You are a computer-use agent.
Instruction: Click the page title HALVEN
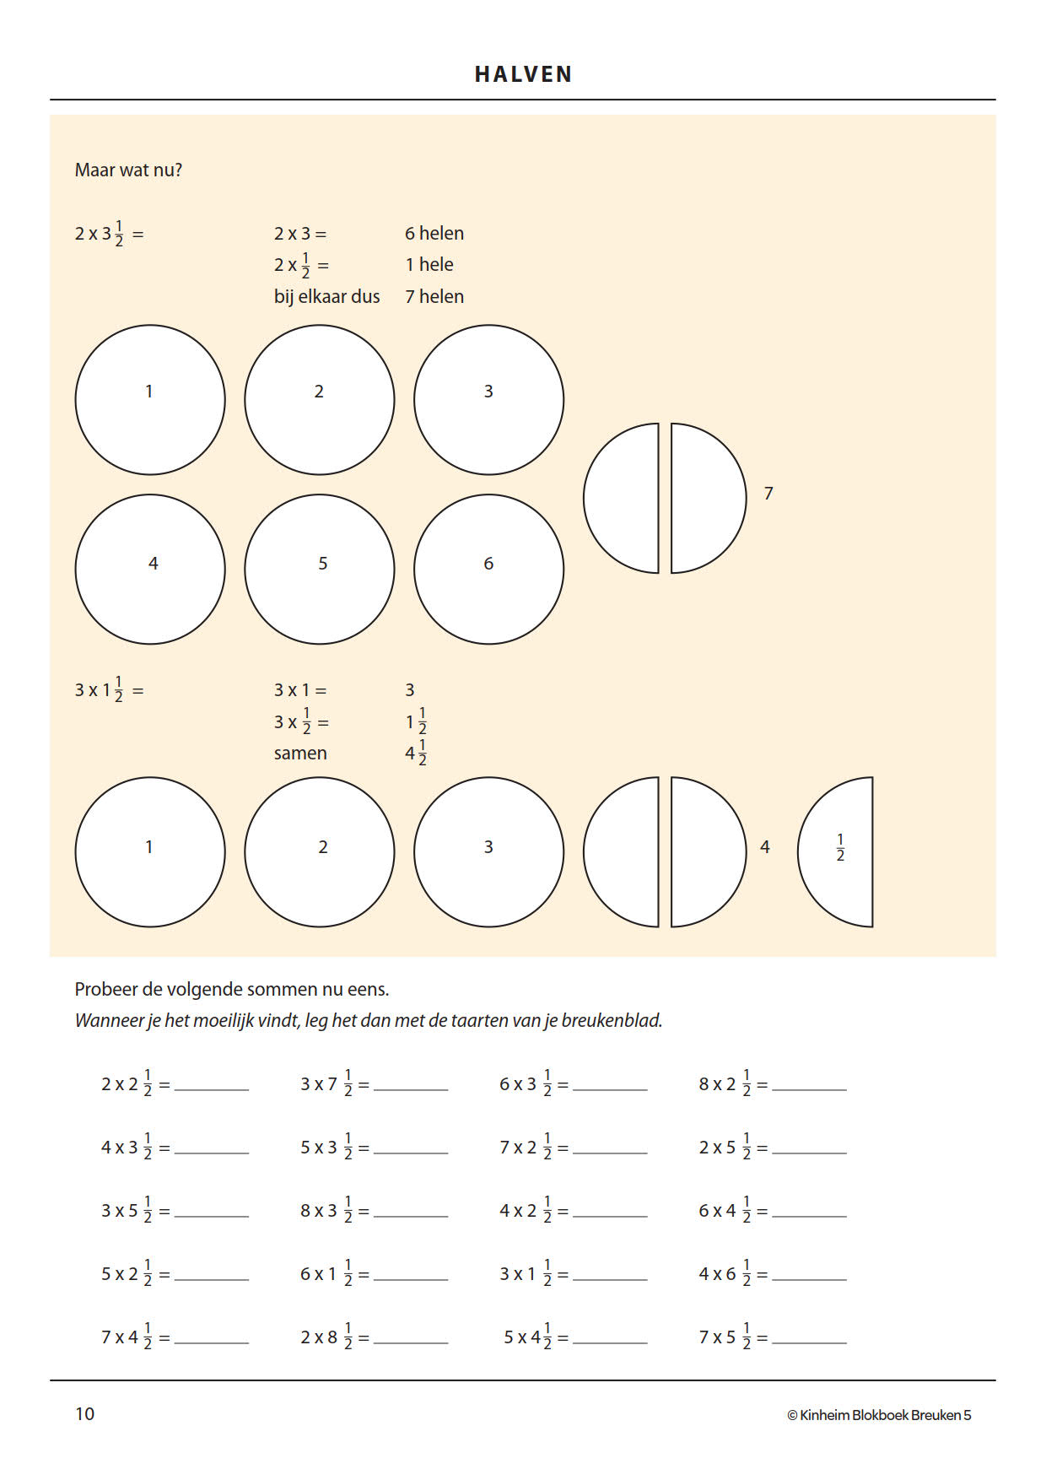click(x=523, y=74)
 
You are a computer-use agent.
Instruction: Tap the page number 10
click(x=85, y=1414)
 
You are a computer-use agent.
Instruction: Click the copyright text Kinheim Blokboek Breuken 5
click(x=879, y=1415)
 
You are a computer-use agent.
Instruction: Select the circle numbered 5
click(x=320, y=570)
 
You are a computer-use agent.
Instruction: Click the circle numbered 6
click(x=488, y=570)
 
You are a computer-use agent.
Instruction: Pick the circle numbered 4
click(x=150, y=570)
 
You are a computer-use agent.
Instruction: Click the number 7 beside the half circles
click(x=768, y=494)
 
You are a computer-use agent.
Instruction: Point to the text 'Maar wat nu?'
click(x=128, y=170)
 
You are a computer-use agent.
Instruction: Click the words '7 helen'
click(x=434, y=296)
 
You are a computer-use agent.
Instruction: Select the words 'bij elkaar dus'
click(x=326, y=296)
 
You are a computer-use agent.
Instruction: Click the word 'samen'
click(x=300, y=754)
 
